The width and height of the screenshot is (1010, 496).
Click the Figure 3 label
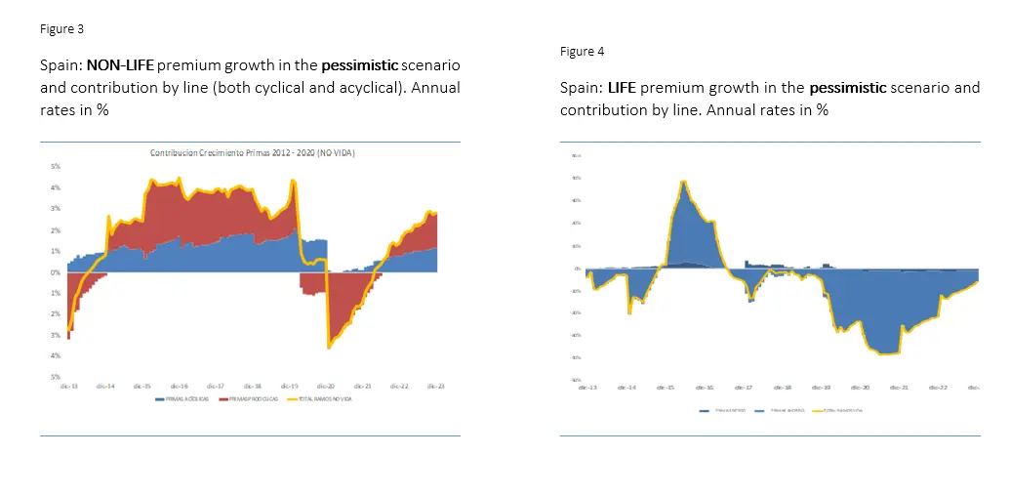click(61, 29)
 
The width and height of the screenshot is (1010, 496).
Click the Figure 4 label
click(582, 52)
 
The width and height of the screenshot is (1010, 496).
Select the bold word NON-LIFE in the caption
click(120, 65)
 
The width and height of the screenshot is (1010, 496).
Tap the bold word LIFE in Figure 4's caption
click(622, 88)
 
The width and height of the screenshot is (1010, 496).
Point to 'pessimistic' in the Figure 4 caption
click(848, 88)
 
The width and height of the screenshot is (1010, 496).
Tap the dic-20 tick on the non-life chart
click(325, 386)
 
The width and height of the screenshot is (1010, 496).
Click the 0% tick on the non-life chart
click(56, 272)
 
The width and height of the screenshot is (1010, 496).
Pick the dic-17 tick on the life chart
click(744, 388)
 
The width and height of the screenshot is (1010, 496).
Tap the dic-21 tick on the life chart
click(899, 388)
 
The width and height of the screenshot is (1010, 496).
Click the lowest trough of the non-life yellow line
click(329, 347)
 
